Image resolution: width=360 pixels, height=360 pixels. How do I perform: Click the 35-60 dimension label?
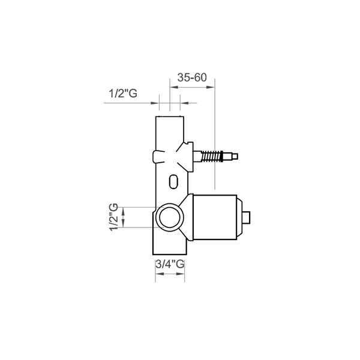[x=192, y=77]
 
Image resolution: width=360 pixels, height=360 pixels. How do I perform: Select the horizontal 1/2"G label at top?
[x=123, y=94]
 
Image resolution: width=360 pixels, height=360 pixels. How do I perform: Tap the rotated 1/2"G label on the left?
[x=113, y=217]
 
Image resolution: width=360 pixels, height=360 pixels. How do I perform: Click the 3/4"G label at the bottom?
[x=170, y=264]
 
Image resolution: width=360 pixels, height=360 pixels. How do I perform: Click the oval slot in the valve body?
[x=173, y=181]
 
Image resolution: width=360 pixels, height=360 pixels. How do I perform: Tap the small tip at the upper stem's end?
[x=235, y=157]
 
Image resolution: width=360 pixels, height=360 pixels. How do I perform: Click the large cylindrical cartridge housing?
[x=215, y=217]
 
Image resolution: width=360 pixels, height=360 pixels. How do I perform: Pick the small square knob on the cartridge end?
[x=247, y=217]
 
